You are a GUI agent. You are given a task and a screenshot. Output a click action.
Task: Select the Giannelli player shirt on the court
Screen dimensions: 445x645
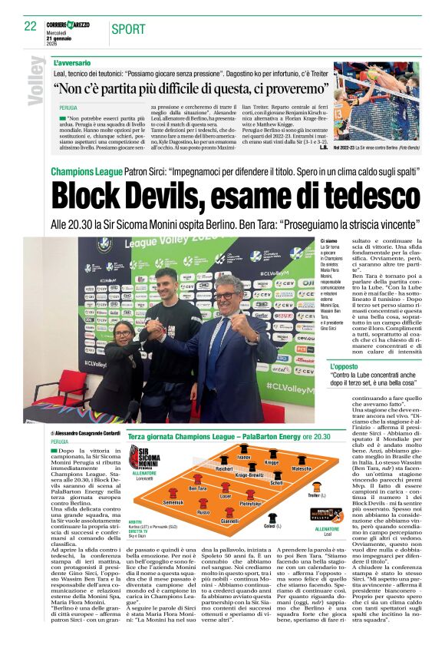[x=229, y=514]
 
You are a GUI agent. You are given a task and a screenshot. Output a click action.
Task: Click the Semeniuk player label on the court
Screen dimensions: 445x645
[x=173, y=501]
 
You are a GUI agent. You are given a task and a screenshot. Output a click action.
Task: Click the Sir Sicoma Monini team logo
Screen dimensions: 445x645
[x=144, y=459]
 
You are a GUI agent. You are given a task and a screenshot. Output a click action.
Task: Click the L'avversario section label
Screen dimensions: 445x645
[x=72, y=61]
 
